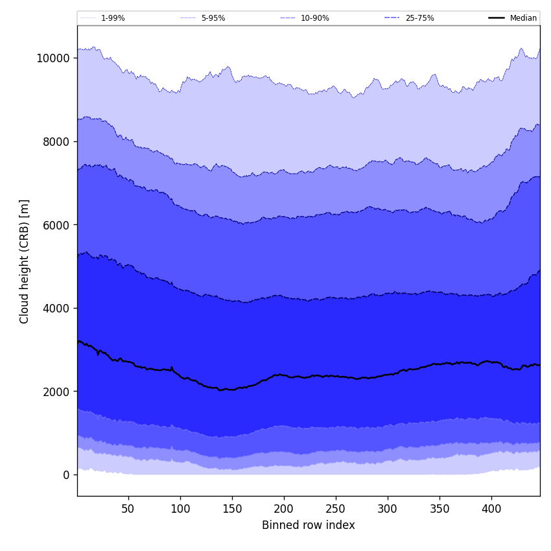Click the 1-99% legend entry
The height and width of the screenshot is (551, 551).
[113, 18]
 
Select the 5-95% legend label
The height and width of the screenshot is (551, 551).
[213, 18]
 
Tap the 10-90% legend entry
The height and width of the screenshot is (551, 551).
[314, 18]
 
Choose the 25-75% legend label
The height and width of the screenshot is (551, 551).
[419, 18]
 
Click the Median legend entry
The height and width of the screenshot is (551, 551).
[523, 18]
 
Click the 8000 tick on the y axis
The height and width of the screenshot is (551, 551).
[55, 141]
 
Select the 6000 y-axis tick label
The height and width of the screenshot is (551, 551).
[55, 225]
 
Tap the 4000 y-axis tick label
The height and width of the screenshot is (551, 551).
[55, 308]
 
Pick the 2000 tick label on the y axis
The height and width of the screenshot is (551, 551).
[55, 392]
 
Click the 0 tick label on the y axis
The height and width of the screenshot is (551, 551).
[65, 475]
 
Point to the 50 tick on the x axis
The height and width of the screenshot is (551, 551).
[128, 509]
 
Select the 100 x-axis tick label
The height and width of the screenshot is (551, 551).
[180, 509]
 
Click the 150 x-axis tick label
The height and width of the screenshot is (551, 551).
[232, 509]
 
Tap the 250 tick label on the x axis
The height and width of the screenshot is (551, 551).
[336, 509]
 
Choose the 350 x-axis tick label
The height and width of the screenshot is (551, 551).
[440, 509]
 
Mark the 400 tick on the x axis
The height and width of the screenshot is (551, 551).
[491, 509]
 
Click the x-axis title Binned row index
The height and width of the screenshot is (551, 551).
[309, 525]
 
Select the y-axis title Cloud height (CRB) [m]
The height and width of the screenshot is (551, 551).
[25, 261]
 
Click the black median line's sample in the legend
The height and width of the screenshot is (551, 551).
[497, 18]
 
